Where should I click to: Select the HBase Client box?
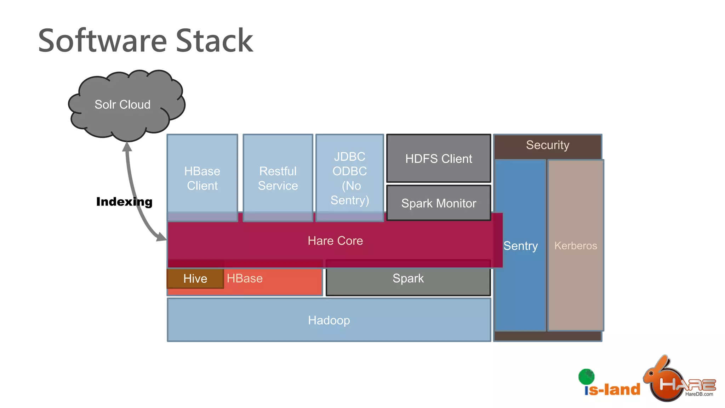tap(202, 178)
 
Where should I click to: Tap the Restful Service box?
tap(278, 178)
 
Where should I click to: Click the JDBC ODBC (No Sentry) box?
tap(349, 178)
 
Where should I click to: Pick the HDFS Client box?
tap(438, 159)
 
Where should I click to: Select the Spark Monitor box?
tap(438, 203)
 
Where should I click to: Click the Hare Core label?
tap(335, 241)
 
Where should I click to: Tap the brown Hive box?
tap(195, 279)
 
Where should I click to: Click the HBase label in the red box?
tap(245, 278)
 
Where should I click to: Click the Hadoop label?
tap(329, 320)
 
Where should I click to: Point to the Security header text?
tap(547, 145)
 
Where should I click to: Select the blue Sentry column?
tap(520, 245)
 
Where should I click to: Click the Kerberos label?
tap(575, 245)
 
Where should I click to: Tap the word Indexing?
tap(124, 202)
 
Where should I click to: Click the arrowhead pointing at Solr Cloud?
tap(127, 146)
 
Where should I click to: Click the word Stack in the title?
tap(214, 41)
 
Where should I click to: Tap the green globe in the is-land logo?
tap(586, 376)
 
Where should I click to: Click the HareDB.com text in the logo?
tap(699, 394)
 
